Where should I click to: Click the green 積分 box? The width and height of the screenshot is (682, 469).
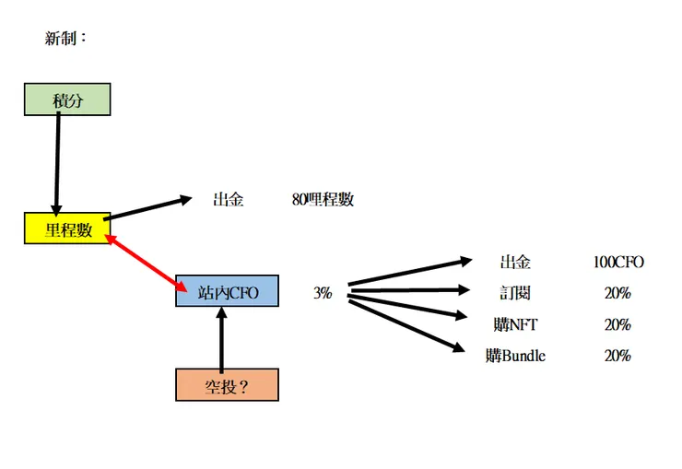(67, 100)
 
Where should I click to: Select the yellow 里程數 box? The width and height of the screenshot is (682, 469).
(67, 229)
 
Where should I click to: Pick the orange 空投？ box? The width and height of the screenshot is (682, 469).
(227, 385)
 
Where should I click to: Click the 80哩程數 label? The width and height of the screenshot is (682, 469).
(322, 200)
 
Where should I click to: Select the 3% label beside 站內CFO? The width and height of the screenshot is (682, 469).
(323, 294)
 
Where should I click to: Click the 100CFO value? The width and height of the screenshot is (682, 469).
(618, 262)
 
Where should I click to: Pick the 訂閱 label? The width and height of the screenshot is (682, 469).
(515, 294)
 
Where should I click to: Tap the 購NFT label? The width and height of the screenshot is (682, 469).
(515, 324)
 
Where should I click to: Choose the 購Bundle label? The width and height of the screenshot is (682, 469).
(515, 356)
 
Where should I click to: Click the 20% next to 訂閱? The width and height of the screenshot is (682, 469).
(617, 294)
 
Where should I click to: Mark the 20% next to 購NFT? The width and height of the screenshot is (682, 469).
(617, 324)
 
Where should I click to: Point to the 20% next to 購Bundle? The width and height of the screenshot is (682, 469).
(617, 356)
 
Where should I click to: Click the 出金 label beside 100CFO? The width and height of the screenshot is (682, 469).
(515, 262)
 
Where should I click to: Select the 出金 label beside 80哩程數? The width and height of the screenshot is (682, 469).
(228, 200)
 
